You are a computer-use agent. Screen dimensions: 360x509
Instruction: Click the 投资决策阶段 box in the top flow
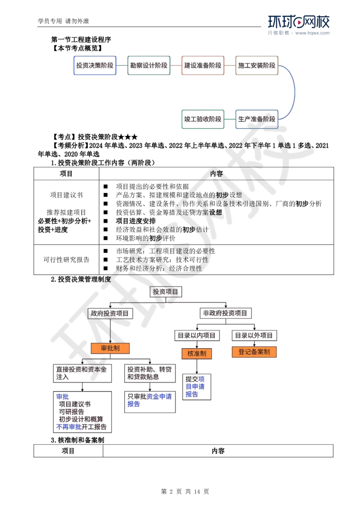coord(95,65)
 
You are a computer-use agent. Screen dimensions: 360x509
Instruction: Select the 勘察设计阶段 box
coord(149,65)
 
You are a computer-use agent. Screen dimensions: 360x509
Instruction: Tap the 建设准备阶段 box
coord(203,65)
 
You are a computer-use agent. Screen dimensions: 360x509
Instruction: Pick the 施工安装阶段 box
coord(256,65)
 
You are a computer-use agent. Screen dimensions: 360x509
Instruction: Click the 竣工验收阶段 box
coord(203,119)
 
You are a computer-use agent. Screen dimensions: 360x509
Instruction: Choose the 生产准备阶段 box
coord(256,119)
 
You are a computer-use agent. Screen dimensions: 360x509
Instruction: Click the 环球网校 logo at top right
coord(299,22)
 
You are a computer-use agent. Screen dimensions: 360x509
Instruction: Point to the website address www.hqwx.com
coord(312,33)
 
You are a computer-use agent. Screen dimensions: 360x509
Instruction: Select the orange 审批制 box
coord(110,348)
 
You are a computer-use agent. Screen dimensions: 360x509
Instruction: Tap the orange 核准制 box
coord(197,353)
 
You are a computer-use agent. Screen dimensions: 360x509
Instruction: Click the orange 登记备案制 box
coord(254,352)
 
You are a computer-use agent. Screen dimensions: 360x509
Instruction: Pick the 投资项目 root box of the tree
coord(166,292)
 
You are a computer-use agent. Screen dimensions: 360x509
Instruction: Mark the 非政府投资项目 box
coord(225,313)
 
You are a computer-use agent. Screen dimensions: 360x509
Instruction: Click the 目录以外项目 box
coord(254,335)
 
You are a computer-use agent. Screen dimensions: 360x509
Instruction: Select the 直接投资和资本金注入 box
coord(82,373)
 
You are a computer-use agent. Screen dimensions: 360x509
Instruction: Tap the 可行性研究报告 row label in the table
coord(66,260)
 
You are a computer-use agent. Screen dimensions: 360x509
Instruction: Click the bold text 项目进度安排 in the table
coord(136,221)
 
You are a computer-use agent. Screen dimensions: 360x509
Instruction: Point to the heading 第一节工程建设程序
coord(81,40)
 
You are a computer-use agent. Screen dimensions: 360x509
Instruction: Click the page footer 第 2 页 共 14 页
coord(185,491)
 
